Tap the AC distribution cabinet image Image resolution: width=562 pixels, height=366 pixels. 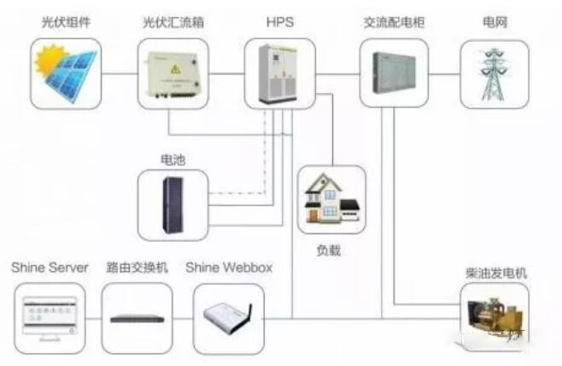pos(394,73)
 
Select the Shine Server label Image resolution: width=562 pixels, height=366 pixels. pos(50,269)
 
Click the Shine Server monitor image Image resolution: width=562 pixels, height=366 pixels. pos(50,317)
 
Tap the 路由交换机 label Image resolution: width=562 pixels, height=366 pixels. pos(137,269)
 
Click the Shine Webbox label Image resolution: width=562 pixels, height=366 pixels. pos(229,269)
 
